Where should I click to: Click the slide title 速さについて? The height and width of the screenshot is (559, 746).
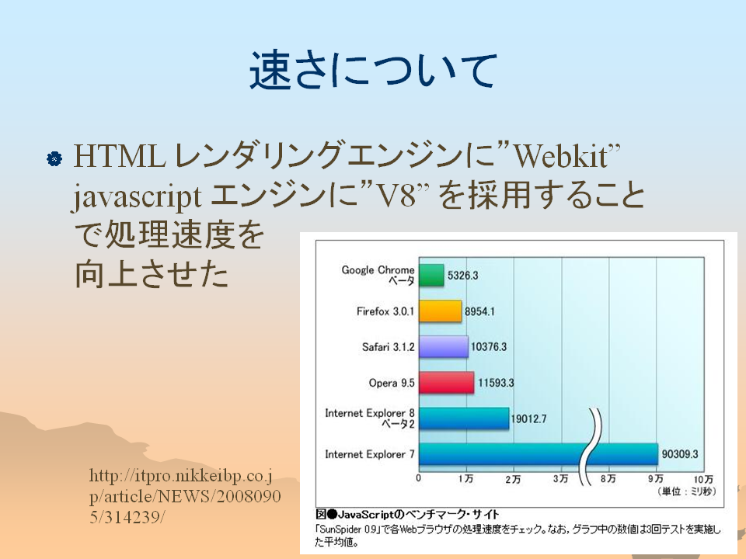coord(374,71)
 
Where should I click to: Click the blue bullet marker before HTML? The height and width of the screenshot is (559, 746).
coord(54,158)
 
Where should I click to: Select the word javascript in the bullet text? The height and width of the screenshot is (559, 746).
coord(137,196)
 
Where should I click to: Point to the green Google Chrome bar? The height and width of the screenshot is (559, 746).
coord(431,275)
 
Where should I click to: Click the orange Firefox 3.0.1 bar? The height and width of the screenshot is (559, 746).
coord(440,311)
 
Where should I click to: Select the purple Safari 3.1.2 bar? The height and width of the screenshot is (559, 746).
coord(444,347)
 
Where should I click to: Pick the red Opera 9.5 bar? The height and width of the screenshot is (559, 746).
coord(446,383)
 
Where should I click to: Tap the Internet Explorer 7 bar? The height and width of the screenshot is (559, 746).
coord(538,454)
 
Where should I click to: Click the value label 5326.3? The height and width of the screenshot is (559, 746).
coord(462,275)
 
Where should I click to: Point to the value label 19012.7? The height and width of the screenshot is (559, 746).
coord(528,418)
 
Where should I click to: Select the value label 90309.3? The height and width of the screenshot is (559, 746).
coord(679,454)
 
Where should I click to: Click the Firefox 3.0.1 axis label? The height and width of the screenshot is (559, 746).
coord(385,311)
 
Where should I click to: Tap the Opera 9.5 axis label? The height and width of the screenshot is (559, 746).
coord(392,383)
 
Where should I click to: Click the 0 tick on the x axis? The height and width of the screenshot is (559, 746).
coord(419,478)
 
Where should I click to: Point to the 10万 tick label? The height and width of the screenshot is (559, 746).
coord(703,479)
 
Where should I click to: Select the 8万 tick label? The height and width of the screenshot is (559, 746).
coord(608,479)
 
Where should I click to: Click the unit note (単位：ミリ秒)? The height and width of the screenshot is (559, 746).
coord(686,491)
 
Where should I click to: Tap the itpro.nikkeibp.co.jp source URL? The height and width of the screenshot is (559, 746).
coord(185,496)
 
